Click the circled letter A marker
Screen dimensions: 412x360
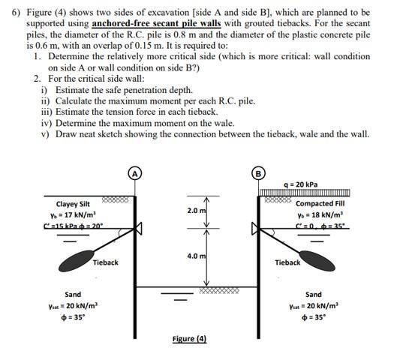click(136, 171)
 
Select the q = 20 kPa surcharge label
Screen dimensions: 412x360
click(302, 184)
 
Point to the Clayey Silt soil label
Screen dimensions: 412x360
click(73, 203)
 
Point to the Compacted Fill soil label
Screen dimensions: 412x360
click(321, 203)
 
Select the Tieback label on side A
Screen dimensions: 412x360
click(105, 262)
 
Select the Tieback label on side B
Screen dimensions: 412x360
click(287, 262)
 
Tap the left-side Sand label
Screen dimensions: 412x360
click(73, 295)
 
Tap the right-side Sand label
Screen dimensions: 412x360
click(314, 295)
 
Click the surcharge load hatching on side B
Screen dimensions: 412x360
click(300, 193)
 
